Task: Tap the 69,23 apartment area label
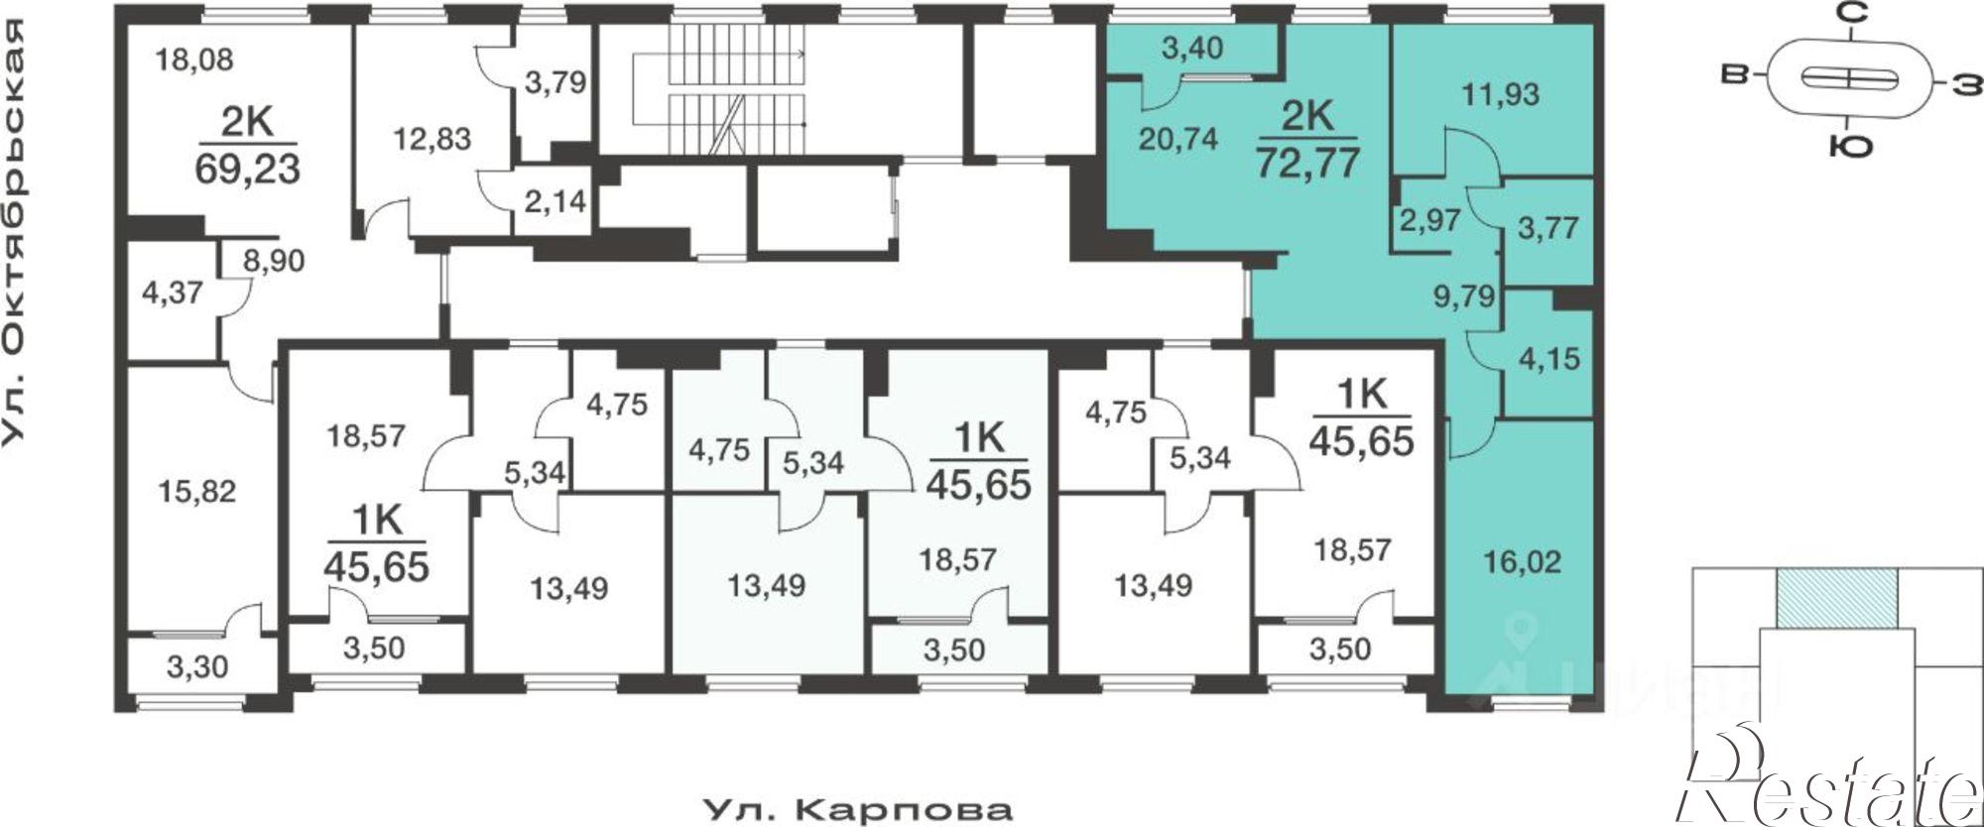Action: (247, 169)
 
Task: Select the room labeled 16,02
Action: (1522, 562)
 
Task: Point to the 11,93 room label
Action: (1501, 94)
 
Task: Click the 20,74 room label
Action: (1179, 139)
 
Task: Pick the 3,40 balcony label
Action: (1191, 48)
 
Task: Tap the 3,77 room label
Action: (1548, 227)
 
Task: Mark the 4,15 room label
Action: (1549, 357)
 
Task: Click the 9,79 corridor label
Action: (1464, 295)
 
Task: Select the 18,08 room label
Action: (194, 59)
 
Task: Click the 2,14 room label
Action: (556, 202)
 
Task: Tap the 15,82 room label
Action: (198, 491)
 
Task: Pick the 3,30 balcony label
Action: (196, 667)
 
